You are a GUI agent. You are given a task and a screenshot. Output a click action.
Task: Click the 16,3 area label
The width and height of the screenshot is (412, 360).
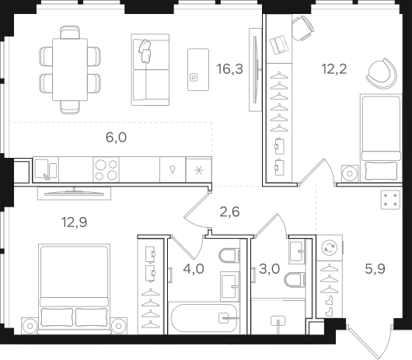[x=229, y=69]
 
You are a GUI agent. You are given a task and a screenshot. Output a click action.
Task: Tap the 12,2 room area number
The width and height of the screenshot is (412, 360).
[x=334, y=69]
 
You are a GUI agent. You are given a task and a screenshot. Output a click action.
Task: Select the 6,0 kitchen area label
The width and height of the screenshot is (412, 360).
[x=116, y=138]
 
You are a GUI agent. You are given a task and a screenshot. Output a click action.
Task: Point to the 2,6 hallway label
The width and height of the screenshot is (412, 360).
[x=229, y=211]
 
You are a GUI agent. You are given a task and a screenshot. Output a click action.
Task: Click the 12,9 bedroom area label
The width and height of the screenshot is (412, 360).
[x=74, y=222]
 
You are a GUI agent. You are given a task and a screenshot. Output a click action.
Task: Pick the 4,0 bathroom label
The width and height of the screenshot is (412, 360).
[x=194, y=269]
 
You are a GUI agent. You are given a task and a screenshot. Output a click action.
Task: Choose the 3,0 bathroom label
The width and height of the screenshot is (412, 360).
[x=269, y=269]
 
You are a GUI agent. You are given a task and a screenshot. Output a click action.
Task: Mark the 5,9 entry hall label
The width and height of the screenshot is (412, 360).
[x=375, y=269]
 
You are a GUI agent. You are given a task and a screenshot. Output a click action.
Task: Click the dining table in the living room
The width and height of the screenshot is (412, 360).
[x=70, y=70]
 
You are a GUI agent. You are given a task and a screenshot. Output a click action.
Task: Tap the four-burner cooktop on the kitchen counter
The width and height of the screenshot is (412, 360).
[x=106, y=170]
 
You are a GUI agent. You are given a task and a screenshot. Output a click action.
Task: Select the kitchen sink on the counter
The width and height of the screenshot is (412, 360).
[x=46, y=170]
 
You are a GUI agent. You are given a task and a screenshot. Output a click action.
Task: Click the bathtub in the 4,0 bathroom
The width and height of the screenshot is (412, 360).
[x=204, y=318]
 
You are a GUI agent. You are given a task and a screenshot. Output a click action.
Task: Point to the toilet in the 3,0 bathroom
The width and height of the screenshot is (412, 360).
[x=295, y=279]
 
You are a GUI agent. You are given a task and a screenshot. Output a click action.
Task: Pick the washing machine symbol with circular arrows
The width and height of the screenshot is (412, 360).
[x=330, y=247]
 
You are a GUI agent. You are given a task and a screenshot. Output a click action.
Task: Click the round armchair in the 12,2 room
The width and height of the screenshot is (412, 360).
[x=382, y=73]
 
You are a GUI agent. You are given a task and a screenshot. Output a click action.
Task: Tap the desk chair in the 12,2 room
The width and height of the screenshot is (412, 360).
[x=302, y=28]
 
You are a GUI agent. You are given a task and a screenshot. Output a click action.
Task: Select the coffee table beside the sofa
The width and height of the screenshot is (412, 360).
[x=198, y=70]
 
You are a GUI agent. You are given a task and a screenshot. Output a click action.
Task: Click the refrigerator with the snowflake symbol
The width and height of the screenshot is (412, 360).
[x=199, y=170]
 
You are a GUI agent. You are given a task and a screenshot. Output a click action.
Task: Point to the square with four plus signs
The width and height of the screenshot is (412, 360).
[x=390, y=200]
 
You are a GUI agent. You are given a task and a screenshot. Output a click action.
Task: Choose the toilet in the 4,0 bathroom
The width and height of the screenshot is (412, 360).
[x=229, y=255]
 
